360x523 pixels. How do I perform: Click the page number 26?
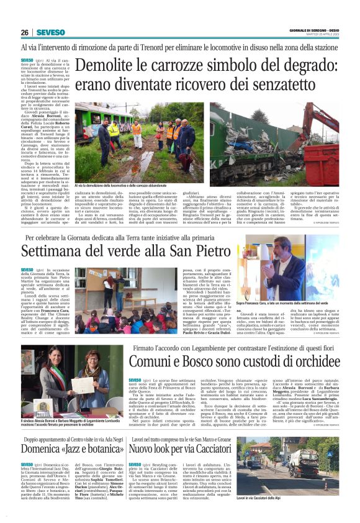[25, 32]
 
